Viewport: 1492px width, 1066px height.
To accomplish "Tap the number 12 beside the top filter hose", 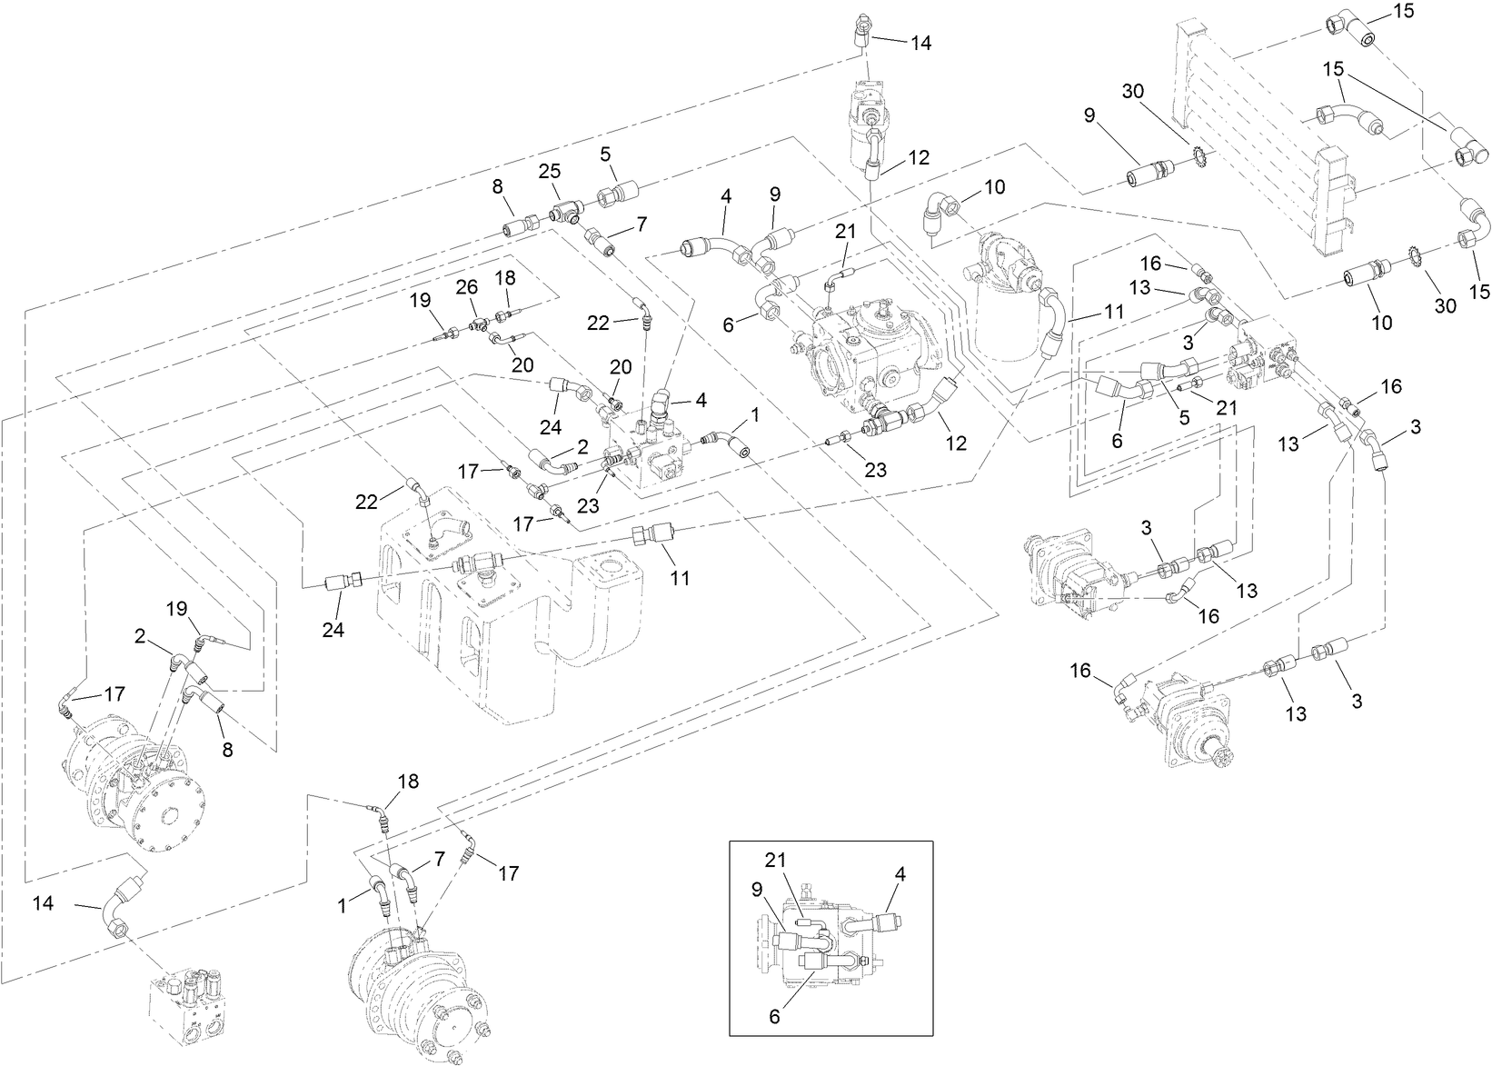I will (x=918, y=157).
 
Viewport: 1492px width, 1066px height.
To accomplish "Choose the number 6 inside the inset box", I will (x=774, y=1017).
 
